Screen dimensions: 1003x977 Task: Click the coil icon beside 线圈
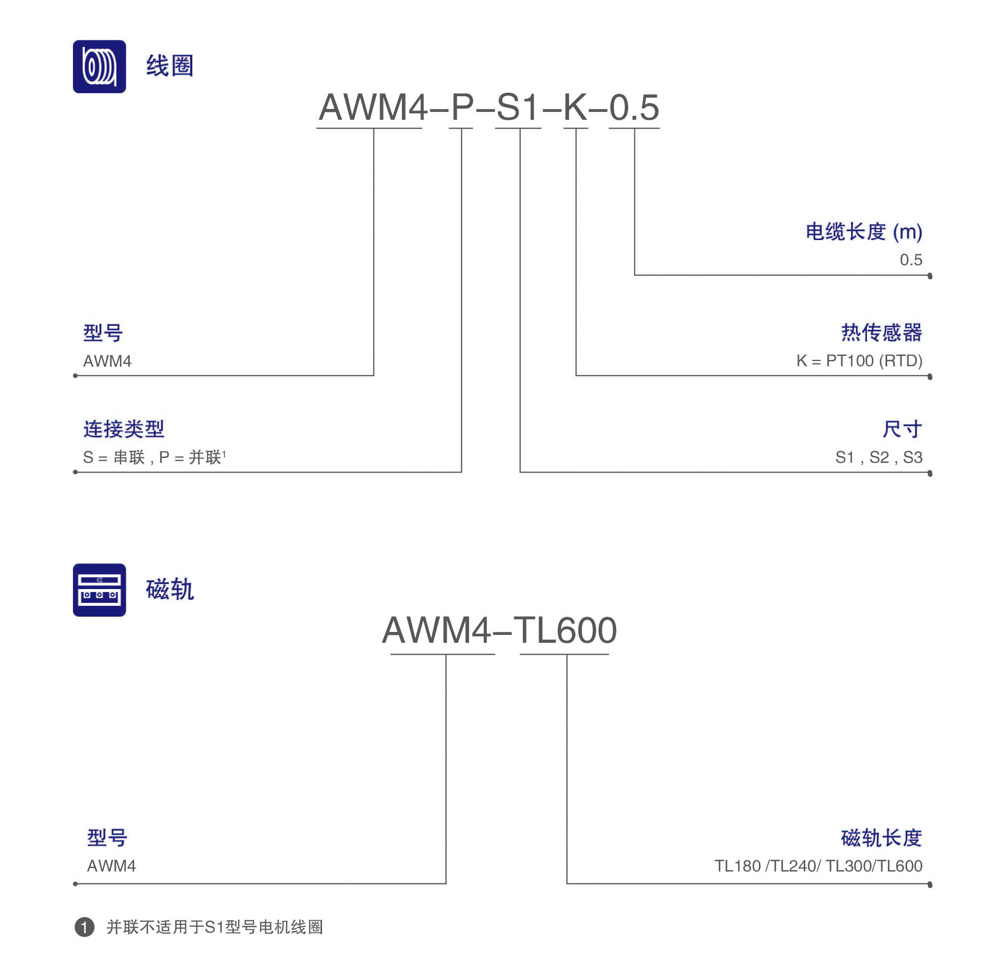coord(99,66)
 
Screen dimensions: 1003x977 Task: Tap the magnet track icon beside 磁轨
coord(99,590)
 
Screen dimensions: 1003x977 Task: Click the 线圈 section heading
coord(170,66)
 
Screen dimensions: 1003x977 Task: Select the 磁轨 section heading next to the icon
coord(170,589)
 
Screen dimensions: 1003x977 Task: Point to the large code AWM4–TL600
coord(499,629)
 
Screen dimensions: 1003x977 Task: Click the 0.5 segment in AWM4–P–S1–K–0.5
coord(634,107)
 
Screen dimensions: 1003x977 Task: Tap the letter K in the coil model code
coord(575,107)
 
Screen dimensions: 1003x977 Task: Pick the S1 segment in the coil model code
coord(518,107)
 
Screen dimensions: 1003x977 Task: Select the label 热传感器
coord(882,333)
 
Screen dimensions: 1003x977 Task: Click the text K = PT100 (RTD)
coord(860,361)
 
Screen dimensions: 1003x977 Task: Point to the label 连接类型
coord(124,428)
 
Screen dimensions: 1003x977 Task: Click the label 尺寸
coord(902,429)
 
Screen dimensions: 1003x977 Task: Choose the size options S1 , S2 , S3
coord(879,456)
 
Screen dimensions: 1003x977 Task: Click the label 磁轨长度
coord(882,837)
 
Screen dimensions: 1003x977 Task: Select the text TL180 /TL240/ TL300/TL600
coord(818,866)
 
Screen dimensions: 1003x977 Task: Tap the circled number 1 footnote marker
coord(85,927)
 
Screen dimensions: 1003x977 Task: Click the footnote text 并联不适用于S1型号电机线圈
coord(215,927)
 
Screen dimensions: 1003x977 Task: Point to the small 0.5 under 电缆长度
coord(911,260)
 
